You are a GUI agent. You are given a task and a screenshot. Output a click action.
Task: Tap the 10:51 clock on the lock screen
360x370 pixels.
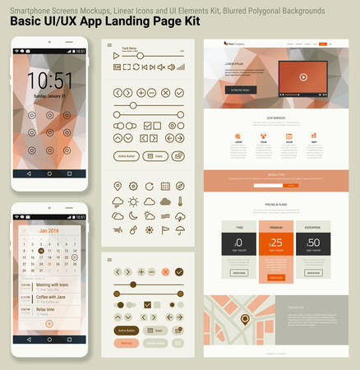[x=49, y=80]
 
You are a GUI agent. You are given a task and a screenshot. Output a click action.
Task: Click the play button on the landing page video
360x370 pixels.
[x=302, y=77]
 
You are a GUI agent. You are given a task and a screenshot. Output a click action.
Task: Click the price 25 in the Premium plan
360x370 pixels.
[x=276, y=243]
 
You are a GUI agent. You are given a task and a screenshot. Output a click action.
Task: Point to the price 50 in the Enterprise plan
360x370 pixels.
[x=313, y=243]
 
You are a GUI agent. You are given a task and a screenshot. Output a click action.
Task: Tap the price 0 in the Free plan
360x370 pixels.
[x=239, y=243]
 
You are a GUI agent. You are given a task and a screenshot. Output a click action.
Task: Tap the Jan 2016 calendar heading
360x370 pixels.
[x=48, y=231]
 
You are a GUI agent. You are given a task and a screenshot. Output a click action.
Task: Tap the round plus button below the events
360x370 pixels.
[x=49, y=324]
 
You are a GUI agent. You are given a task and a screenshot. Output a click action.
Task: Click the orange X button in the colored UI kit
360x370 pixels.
[x=165, y=271]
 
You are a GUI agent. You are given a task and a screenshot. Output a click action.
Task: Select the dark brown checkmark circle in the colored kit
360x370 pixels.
[x=179, y=271]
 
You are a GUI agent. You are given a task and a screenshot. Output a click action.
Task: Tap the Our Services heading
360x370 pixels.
[x=276, y=118]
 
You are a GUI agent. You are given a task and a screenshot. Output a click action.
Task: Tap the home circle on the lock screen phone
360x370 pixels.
[x=49, y=174]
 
